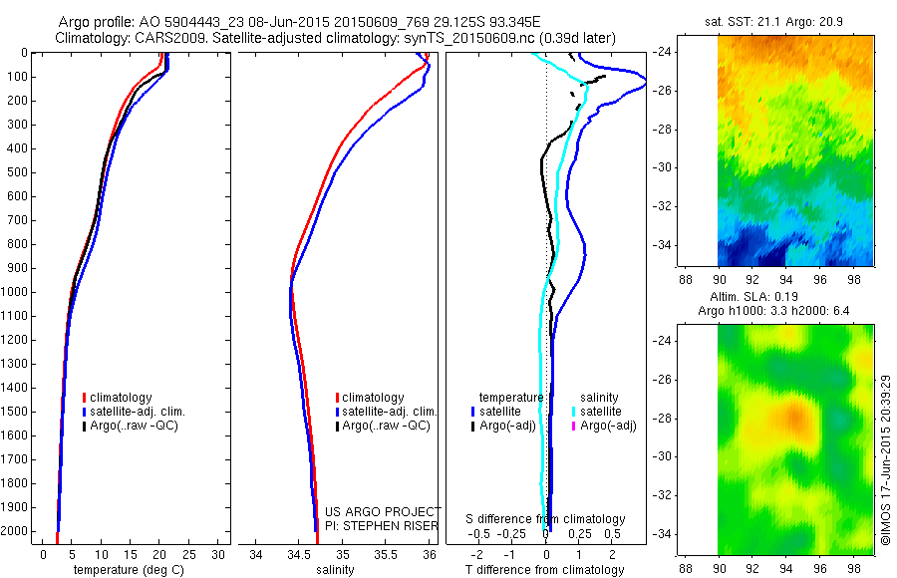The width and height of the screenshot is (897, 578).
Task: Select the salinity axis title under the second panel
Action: coord(336,571)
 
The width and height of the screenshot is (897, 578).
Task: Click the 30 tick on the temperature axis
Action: coord(218,554)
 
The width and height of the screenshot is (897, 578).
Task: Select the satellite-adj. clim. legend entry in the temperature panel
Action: coord(138,412)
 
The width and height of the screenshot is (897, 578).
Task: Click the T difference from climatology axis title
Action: coord(546,571)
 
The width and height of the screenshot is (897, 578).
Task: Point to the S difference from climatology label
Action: coord(546,519)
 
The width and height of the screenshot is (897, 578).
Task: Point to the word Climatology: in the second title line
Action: coord(92,38)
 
